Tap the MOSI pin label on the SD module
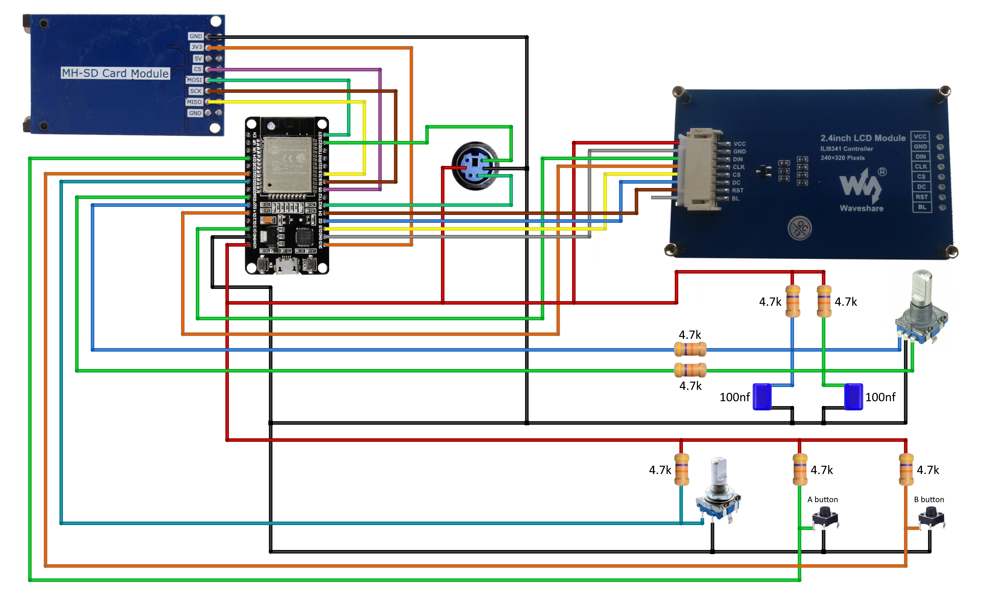pyautogui.click(x=194, y=80)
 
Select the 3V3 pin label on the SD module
pyautogui.click(x=196, y=47)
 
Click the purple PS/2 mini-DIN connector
pyautogui.click(x=475, y=166)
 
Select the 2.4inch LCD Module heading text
pyautogui.click(x=862, y=138)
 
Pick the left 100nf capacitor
pyautogui.click(x=762, y=397)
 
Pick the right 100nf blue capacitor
pyautogui.click(x=853, y=397)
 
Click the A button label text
pyautogui.click(x=822, y=499)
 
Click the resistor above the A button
pyautogui.click(x=800, y=469)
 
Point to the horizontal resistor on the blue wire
pyautogui.click(x=690, y=350)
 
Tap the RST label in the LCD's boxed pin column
pyautogui.click(x=921, y=197)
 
